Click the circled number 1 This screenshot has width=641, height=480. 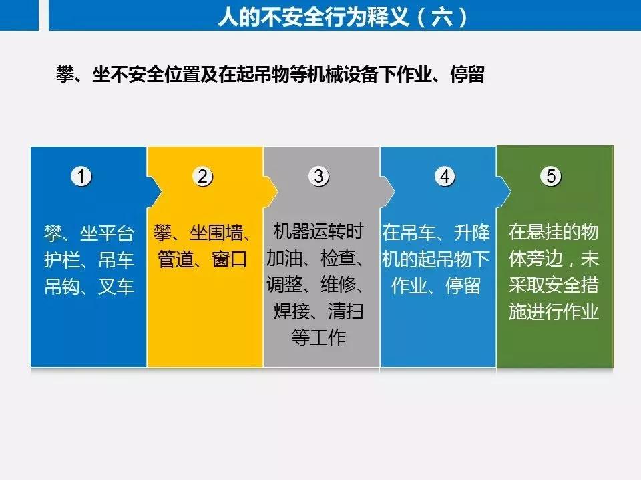81,176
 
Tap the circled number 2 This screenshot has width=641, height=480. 202,176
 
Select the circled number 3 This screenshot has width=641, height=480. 319,176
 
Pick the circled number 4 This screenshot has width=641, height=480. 445,176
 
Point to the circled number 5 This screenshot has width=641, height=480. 551,176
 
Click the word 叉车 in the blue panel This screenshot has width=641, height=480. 116,286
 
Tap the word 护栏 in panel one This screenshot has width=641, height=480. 61,259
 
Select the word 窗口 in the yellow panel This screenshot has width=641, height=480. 229,259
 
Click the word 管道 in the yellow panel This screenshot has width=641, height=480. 176,259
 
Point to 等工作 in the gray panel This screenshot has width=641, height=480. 318,337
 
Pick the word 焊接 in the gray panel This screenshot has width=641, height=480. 292,311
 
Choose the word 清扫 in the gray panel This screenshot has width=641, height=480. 345,311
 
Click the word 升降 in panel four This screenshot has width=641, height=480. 472,233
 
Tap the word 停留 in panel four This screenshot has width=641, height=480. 463,286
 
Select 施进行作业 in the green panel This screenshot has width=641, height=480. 554,311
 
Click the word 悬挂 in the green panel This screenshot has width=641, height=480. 545,232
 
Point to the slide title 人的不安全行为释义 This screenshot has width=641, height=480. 314,17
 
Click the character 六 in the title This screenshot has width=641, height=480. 442,17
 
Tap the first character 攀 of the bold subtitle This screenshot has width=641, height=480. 65,74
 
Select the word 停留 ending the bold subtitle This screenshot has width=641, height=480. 467,74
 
